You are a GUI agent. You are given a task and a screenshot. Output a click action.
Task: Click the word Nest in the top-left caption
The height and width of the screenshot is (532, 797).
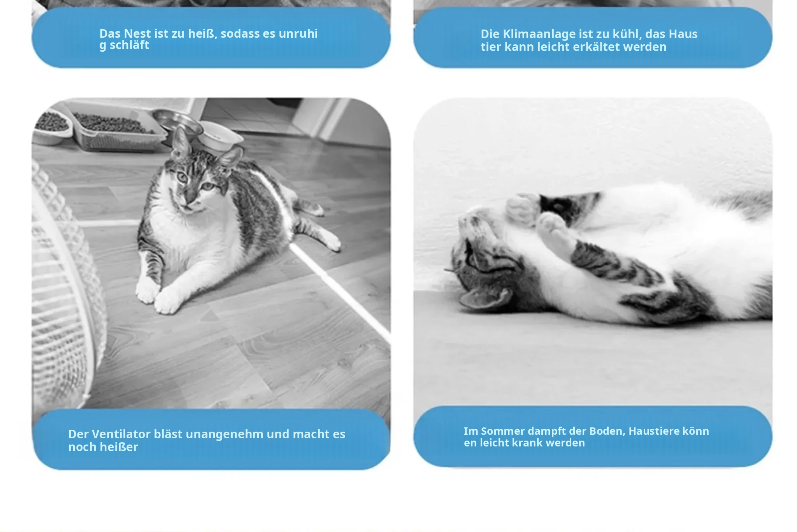(137, 33)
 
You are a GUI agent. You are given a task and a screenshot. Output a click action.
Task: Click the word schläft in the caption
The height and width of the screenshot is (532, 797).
(130, 45)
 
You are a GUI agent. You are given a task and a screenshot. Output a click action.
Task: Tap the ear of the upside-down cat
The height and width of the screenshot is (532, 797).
(485, 300)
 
